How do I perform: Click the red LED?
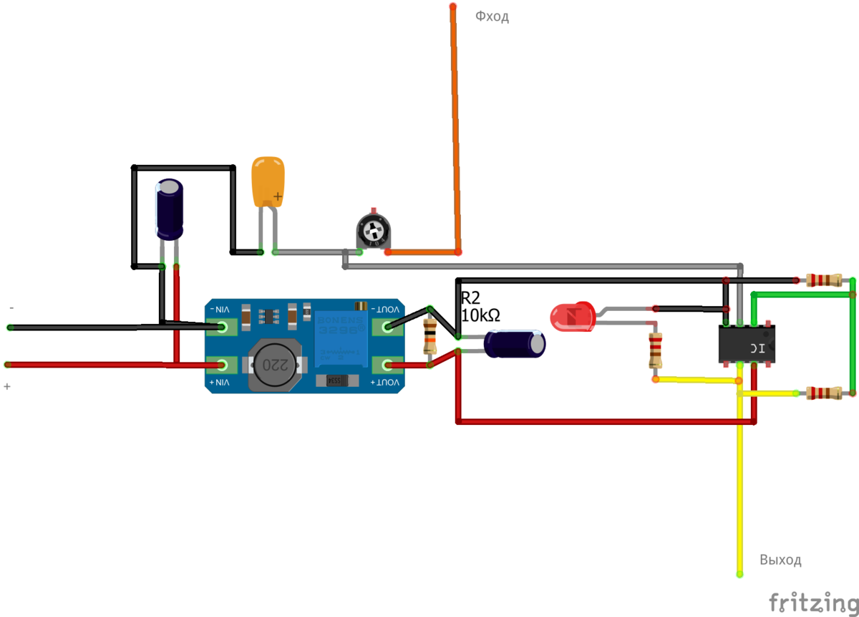click(572, 317)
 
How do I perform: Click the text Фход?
click(492, 16)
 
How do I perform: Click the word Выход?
click(780, 560)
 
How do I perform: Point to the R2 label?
click(470, 299)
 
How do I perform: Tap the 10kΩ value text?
click(480, 315)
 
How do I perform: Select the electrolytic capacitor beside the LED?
click(515, 343)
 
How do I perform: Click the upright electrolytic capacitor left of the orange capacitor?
click(170, 209)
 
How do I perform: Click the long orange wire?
click(455, 129)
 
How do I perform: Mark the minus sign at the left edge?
click(11, 307)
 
